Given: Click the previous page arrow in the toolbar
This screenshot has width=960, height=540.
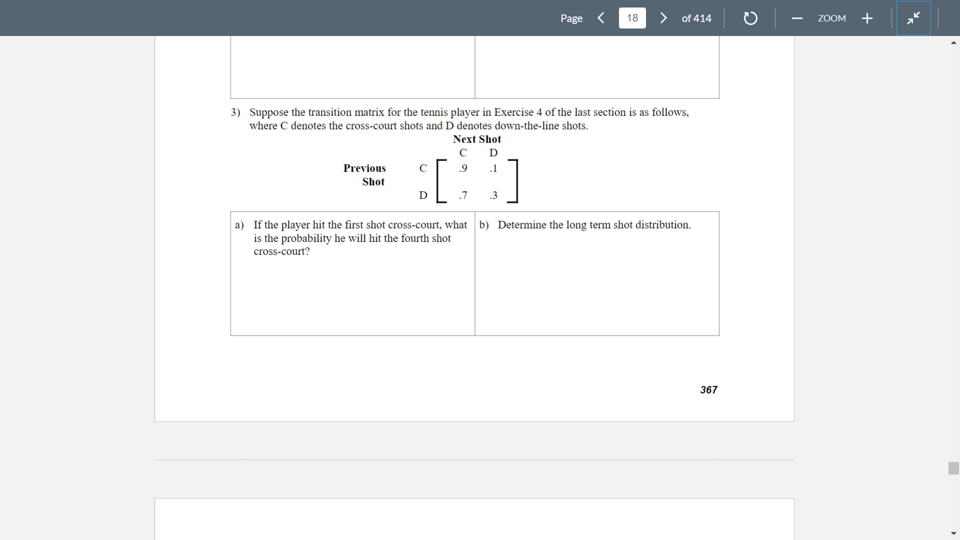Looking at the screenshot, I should [601, 18].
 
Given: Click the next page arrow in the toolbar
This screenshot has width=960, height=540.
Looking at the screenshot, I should [663, 18].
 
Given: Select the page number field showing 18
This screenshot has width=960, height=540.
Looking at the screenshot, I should [632, 18].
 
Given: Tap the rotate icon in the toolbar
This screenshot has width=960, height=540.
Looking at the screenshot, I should [750, 18].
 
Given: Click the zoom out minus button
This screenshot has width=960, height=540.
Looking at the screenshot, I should [797, 18].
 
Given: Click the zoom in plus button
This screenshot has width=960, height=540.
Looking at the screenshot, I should [867, 18].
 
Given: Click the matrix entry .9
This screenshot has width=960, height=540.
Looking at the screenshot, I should [463, 168].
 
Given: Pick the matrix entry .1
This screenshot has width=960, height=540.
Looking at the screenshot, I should [493, 168].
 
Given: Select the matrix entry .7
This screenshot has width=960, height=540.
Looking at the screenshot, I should [463, 195].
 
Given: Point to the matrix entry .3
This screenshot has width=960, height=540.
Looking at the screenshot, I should [493, 195].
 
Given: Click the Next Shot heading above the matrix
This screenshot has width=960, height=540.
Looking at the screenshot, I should [476, 139].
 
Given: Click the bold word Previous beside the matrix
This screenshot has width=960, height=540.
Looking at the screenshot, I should [364, 168].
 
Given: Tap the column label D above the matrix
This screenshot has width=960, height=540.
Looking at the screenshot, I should [493, 153].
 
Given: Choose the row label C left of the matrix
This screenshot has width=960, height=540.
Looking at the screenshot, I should [423, 168].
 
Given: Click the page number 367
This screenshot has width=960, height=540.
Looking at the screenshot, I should [708, 390].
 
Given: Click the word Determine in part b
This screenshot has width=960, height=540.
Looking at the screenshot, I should [521, 225].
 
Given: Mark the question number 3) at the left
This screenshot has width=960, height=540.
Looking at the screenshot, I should [235, 112].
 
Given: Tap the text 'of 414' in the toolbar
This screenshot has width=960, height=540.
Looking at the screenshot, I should [696, 18].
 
